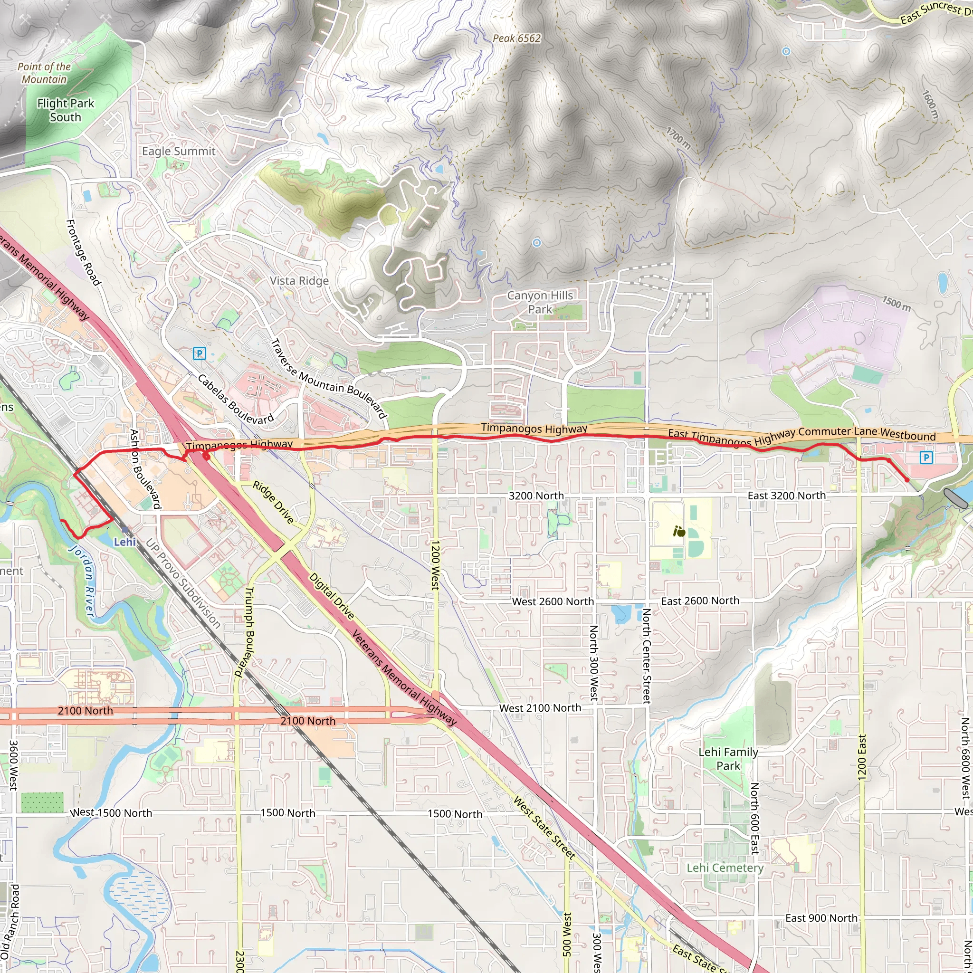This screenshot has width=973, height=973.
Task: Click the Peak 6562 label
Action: [x=516, y=38]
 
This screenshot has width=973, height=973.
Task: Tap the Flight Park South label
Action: [x=66, y=110]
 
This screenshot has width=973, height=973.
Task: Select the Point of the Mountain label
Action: [x=44, y=73]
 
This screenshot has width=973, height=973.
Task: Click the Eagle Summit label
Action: [x=178, y=151]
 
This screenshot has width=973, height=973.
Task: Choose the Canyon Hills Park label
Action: [x=540, y=302]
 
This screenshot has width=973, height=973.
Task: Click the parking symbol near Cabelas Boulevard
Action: [x=200, y=353]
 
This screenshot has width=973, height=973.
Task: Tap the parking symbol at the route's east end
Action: [x=926, y=458]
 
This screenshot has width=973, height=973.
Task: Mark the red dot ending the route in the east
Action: [x=907, y=480]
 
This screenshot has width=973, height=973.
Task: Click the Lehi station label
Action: [x=124, y=542]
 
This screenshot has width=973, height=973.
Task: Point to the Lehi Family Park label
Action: [x=728, y=759]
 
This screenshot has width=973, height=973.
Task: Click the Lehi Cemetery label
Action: [x=725, y=868]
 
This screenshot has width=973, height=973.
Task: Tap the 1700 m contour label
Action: [x=678, y=138]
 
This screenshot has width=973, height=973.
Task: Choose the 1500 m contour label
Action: [x=896, y=303]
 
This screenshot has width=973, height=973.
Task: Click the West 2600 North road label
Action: [x=553, y=601]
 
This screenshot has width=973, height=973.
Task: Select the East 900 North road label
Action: [x=821, y=918]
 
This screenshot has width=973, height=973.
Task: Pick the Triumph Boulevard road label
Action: [x=244, y=631]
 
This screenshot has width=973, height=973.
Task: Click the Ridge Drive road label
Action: [x=273, y=502]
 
